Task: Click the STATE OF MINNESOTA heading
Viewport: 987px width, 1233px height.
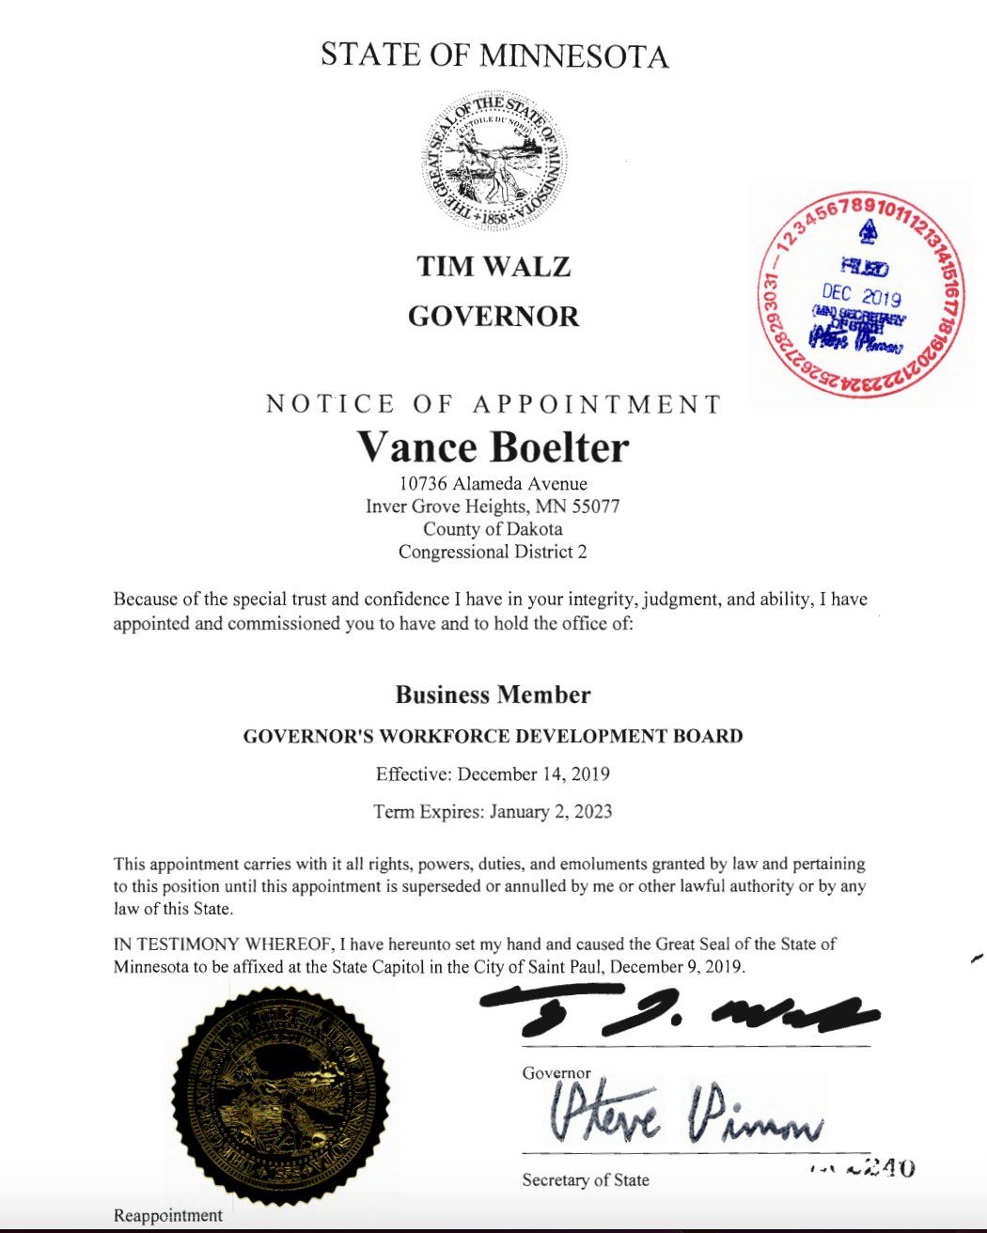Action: coord(493,55)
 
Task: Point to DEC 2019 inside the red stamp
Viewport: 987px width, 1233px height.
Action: coord(861,295)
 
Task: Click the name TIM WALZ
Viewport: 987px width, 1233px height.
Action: coord(493,267)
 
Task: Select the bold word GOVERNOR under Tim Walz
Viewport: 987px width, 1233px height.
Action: coord(493,317)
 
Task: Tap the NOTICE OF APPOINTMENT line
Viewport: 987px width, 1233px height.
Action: coord(493,405)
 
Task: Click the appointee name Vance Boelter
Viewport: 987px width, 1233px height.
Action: coord(493,447)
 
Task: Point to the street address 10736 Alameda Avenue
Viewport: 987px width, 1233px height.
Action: coord(493,484)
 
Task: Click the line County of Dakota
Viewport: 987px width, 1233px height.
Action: coord(493,529)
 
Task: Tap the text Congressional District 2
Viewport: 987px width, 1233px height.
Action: coord(493,552)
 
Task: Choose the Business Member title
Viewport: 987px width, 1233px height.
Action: coord(493,695)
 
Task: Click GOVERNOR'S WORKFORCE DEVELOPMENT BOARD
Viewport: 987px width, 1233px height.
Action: coord(493,736)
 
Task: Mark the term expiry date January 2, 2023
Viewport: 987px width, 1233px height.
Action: coord(550,811)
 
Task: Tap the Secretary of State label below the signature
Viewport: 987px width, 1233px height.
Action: coord(586,1180)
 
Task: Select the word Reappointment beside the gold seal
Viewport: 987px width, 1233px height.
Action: coord(168,1216)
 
